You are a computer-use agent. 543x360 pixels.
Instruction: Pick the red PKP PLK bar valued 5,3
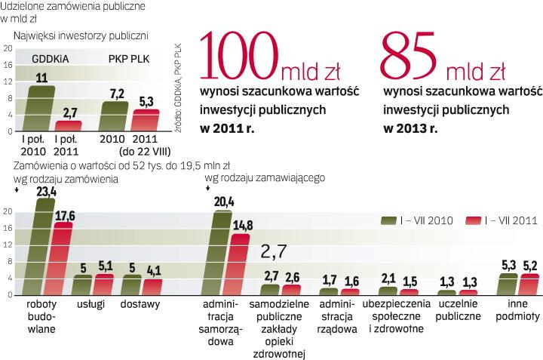click(x=146, y=122)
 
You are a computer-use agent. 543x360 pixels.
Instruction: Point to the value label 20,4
click(x=224, y=202)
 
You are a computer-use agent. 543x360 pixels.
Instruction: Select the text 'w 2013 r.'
click(x=410, y=128)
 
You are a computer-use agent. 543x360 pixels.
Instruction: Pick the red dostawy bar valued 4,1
click(x=152, y=288)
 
